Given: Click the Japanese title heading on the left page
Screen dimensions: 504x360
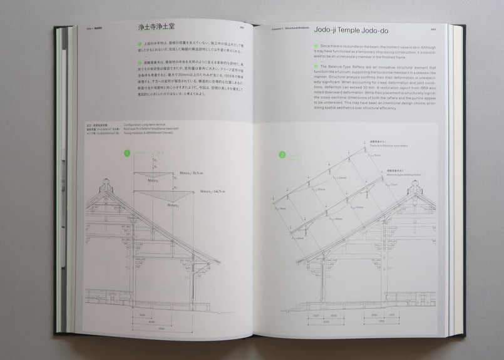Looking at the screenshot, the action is (x=162, y=29).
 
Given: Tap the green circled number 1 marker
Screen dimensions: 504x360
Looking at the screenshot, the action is (x=127, y=152).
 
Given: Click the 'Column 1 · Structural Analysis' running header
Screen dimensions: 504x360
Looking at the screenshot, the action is (x=289, y=28).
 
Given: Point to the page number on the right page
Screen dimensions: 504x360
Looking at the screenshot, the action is (x=433, y=28).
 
